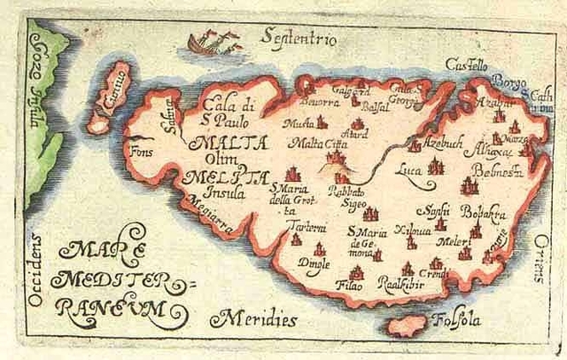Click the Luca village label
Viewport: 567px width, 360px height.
tap(410, 166)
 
